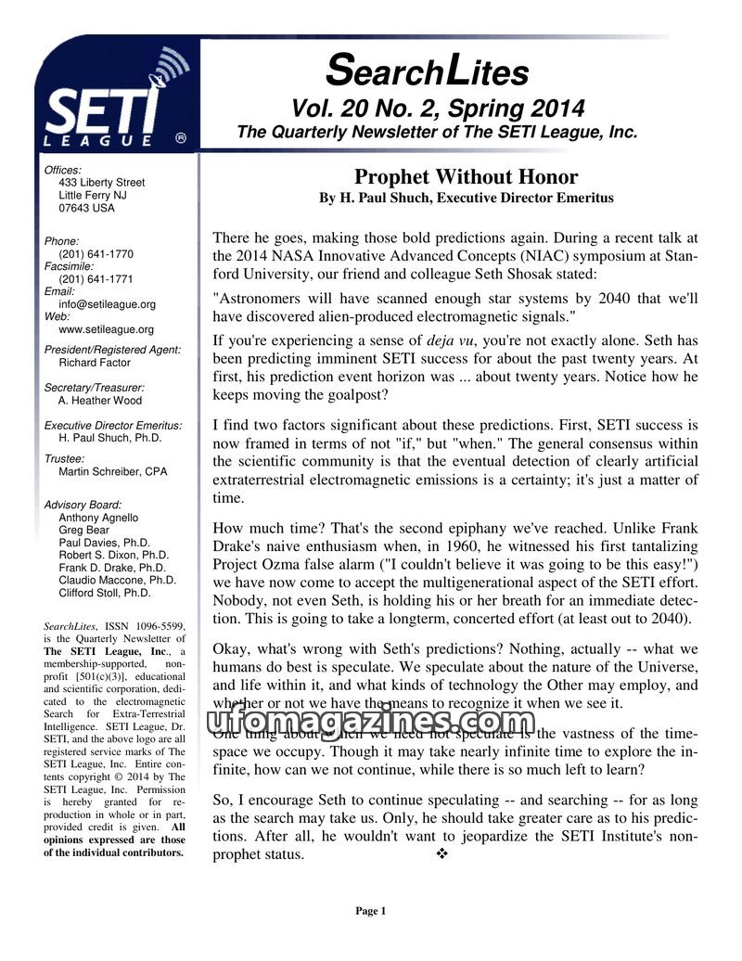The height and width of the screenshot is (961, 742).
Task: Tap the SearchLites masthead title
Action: (x=428, y=70)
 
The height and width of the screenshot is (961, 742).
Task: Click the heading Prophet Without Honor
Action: (x=466, y=177)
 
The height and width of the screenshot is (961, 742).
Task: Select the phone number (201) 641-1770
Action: (x=96, y=254)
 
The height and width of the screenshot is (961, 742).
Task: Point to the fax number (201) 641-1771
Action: (x=96, y=278)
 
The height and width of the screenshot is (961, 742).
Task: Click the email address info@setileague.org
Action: (x=107, y=303)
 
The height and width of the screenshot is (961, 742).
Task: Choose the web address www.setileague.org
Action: (x=106, y=328)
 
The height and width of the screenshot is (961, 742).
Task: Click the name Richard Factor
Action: (x=95, y=363)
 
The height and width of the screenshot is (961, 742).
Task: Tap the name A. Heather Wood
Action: (x=100, y=401)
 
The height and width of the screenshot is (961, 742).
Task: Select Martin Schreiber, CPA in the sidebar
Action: (x=112, y=471)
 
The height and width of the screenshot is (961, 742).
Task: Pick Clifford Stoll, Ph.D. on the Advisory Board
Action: (x=104, y=592)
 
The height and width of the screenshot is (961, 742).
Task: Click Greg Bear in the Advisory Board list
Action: (x=83, y=531)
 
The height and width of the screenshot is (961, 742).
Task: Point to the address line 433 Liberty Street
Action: (x=101, y=183)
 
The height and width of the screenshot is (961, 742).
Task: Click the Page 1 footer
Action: (x=370, y=911)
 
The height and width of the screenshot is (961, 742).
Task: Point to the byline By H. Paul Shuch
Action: (x=466, y=199)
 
